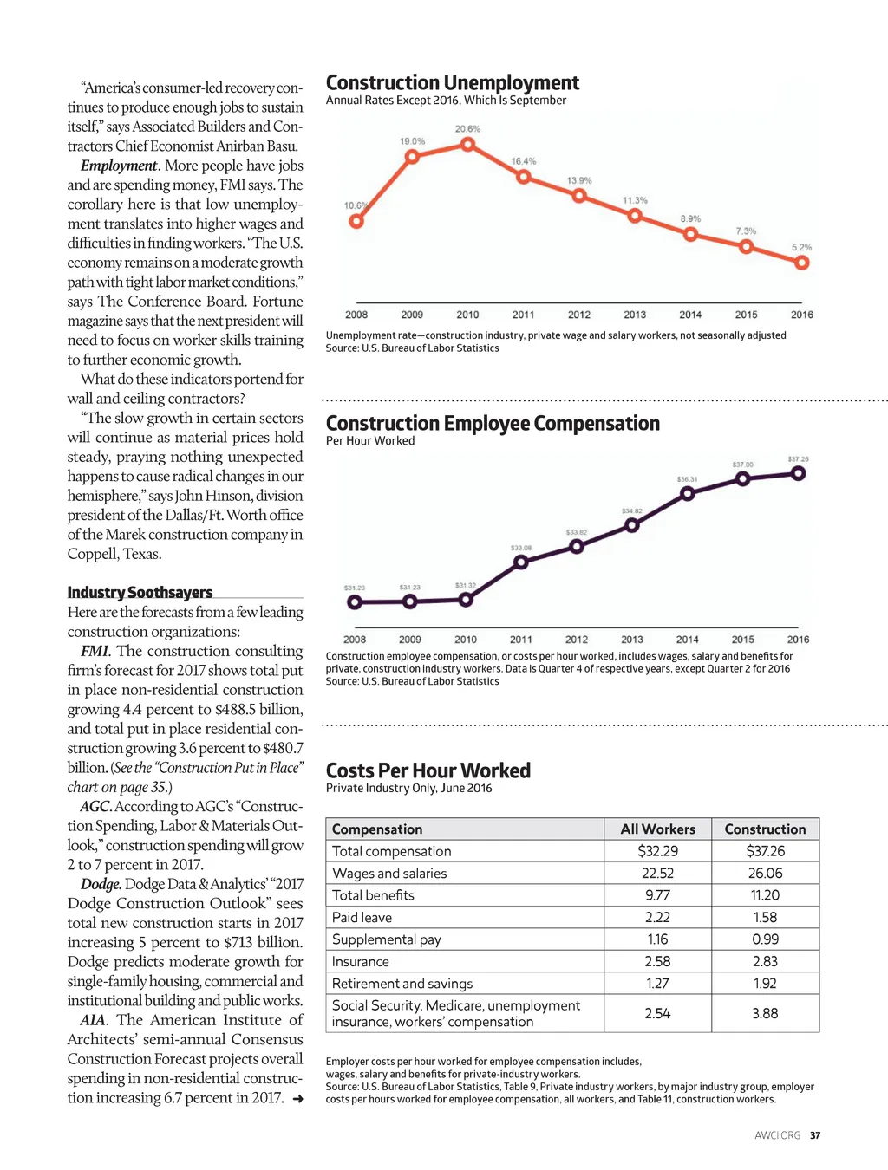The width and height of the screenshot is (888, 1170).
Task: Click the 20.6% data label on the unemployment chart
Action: (x=467, y=129)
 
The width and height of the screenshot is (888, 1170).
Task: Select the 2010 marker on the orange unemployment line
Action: (x=467, y=145)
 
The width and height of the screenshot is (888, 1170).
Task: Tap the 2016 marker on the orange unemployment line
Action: (x=802, y=263)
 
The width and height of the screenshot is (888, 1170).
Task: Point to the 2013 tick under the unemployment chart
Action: (x=635, y=315)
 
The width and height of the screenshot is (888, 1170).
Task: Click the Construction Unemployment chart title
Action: (x=452, y=83)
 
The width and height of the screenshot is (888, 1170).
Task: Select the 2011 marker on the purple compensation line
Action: (x=521, y=562)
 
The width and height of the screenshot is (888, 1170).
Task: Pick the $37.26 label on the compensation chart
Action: (x=798, y=459)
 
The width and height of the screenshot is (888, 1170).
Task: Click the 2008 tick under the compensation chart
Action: (x=355, y=640)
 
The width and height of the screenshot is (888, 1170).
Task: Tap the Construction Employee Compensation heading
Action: (x=493, y=424)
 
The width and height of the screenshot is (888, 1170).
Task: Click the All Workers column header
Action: (x=657, y=829)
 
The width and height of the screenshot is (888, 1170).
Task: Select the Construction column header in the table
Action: (x=765, y=829)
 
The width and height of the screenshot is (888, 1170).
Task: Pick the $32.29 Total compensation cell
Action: (x=657, y=851)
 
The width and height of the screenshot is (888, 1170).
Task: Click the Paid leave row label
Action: (x=362, y=917)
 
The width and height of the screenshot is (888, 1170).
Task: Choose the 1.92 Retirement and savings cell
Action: (x=765, y=984)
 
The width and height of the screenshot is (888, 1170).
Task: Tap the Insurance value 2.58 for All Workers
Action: (x=657, y=961)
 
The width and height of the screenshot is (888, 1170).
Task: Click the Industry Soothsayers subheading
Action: (x=140, y=593)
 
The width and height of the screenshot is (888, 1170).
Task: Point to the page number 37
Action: (x=815, y=1135)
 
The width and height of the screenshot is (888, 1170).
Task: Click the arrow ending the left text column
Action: (x=297, y=1099)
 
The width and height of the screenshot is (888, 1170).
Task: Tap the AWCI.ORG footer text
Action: (x=777, y=1135)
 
